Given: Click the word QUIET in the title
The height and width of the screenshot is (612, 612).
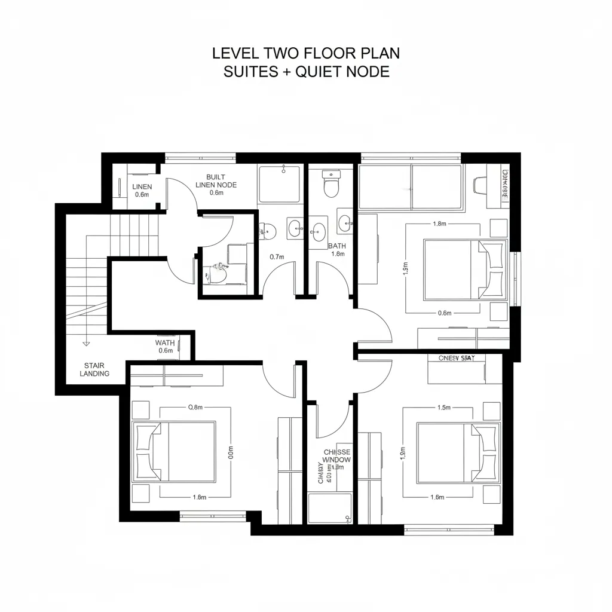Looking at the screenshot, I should tap(319, 72).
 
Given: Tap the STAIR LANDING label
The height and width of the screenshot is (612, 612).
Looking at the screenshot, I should tap(96, 369).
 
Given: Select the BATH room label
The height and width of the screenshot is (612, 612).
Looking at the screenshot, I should tap(337, 246).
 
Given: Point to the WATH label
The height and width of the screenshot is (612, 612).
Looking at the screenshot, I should tap(165, 343).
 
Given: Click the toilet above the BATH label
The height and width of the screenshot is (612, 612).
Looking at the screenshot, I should tap(331, 183).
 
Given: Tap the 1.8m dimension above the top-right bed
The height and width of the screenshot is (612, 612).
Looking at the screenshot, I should tap(439, 224).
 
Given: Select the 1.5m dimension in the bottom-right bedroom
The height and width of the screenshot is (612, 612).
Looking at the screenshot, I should tap(443, 408).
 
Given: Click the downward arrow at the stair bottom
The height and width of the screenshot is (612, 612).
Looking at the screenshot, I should tap(86, 344).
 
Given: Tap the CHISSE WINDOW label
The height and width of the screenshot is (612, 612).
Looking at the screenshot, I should tap(336, 456).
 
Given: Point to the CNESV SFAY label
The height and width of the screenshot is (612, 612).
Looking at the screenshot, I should tap(457, 359).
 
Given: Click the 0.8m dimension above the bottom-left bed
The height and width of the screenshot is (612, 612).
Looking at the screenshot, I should tap(195, 408).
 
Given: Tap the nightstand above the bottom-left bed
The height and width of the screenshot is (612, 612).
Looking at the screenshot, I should tap(140, 409).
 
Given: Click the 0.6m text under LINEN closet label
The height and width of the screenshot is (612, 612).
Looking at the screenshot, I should tap(142, 195).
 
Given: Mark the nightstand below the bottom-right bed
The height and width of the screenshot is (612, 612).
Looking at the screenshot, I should tap(491, 494).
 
